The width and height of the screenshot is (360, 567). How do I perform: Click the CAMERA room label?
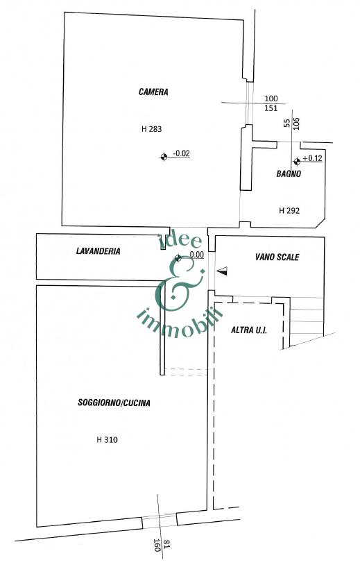153,92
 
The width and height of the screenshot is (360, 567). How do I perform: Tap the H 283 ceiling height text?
151,128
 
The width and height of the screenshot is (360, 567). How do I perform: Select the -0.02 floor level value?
181,153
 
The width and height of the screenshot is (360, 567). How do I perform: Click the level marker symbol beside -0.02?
164,157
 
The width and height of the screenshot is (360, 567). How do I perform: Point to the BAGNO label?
289,174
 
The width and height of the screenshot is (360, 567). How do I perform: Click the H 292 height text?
289,210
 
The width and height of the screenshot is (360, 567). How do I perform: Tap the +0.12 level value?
312,158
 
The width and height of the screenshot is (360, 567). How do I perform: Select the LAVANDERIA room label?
98,251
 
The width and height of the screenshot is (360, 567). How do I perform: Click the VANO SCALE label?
277,257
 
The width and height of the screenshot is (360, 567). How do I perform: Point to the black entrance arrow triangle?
223,271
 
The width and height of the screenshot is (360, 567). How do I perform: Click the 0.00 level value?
196,255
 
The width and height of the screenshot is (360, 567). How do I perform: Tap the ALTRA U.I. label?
249,330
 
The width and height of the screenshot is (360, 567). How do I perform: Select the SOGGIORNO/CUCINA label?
114,403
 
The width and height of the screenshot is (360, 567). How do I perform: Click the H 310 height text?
107,440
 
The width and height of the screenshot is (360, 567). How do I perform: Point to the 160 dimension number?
157,545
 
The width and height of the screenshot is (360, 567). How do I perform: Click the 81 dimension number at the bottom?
166,543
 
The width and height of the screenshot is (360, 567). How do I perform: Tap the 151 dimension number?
271,108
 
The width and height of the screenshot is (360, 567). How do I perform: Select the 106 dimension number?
296,124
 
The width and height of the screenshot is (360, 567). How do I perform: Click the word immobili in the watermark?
180,322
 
